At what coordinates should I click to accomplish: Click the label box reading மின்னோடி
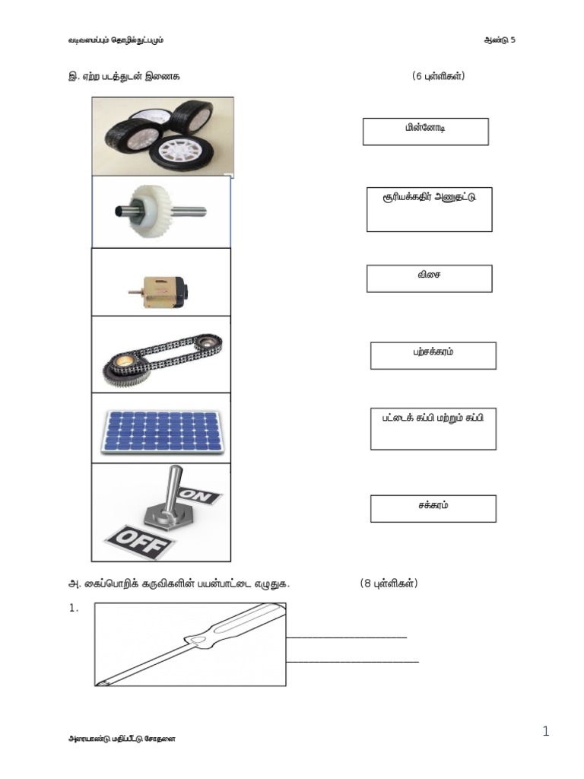click(x=425, y=132)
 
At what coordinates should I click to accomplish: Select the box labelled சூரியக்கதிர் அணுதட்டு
click(x=429, y=209)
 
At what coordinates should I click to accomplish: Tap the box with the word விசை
click(x=429, y=278)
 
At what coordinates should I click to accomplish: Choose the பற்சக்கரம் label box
click(x=433, y=355)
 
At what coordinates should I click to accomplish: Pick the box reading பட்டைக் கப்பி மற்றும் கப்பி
click(x=433, y=428)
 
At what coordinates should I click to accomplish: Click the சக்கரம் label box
click(x=433, y=508)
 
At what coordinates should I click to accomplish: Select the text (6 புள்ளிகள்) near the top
click(x=438, y=77)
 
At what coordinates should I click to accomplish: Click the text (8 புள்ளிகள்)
click(x=389, y=583)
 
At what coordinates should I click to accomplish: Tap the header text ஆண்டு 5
click(x=500, y=40)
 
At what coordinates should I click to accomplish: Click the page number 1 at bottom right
click(x=545, y=732)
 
